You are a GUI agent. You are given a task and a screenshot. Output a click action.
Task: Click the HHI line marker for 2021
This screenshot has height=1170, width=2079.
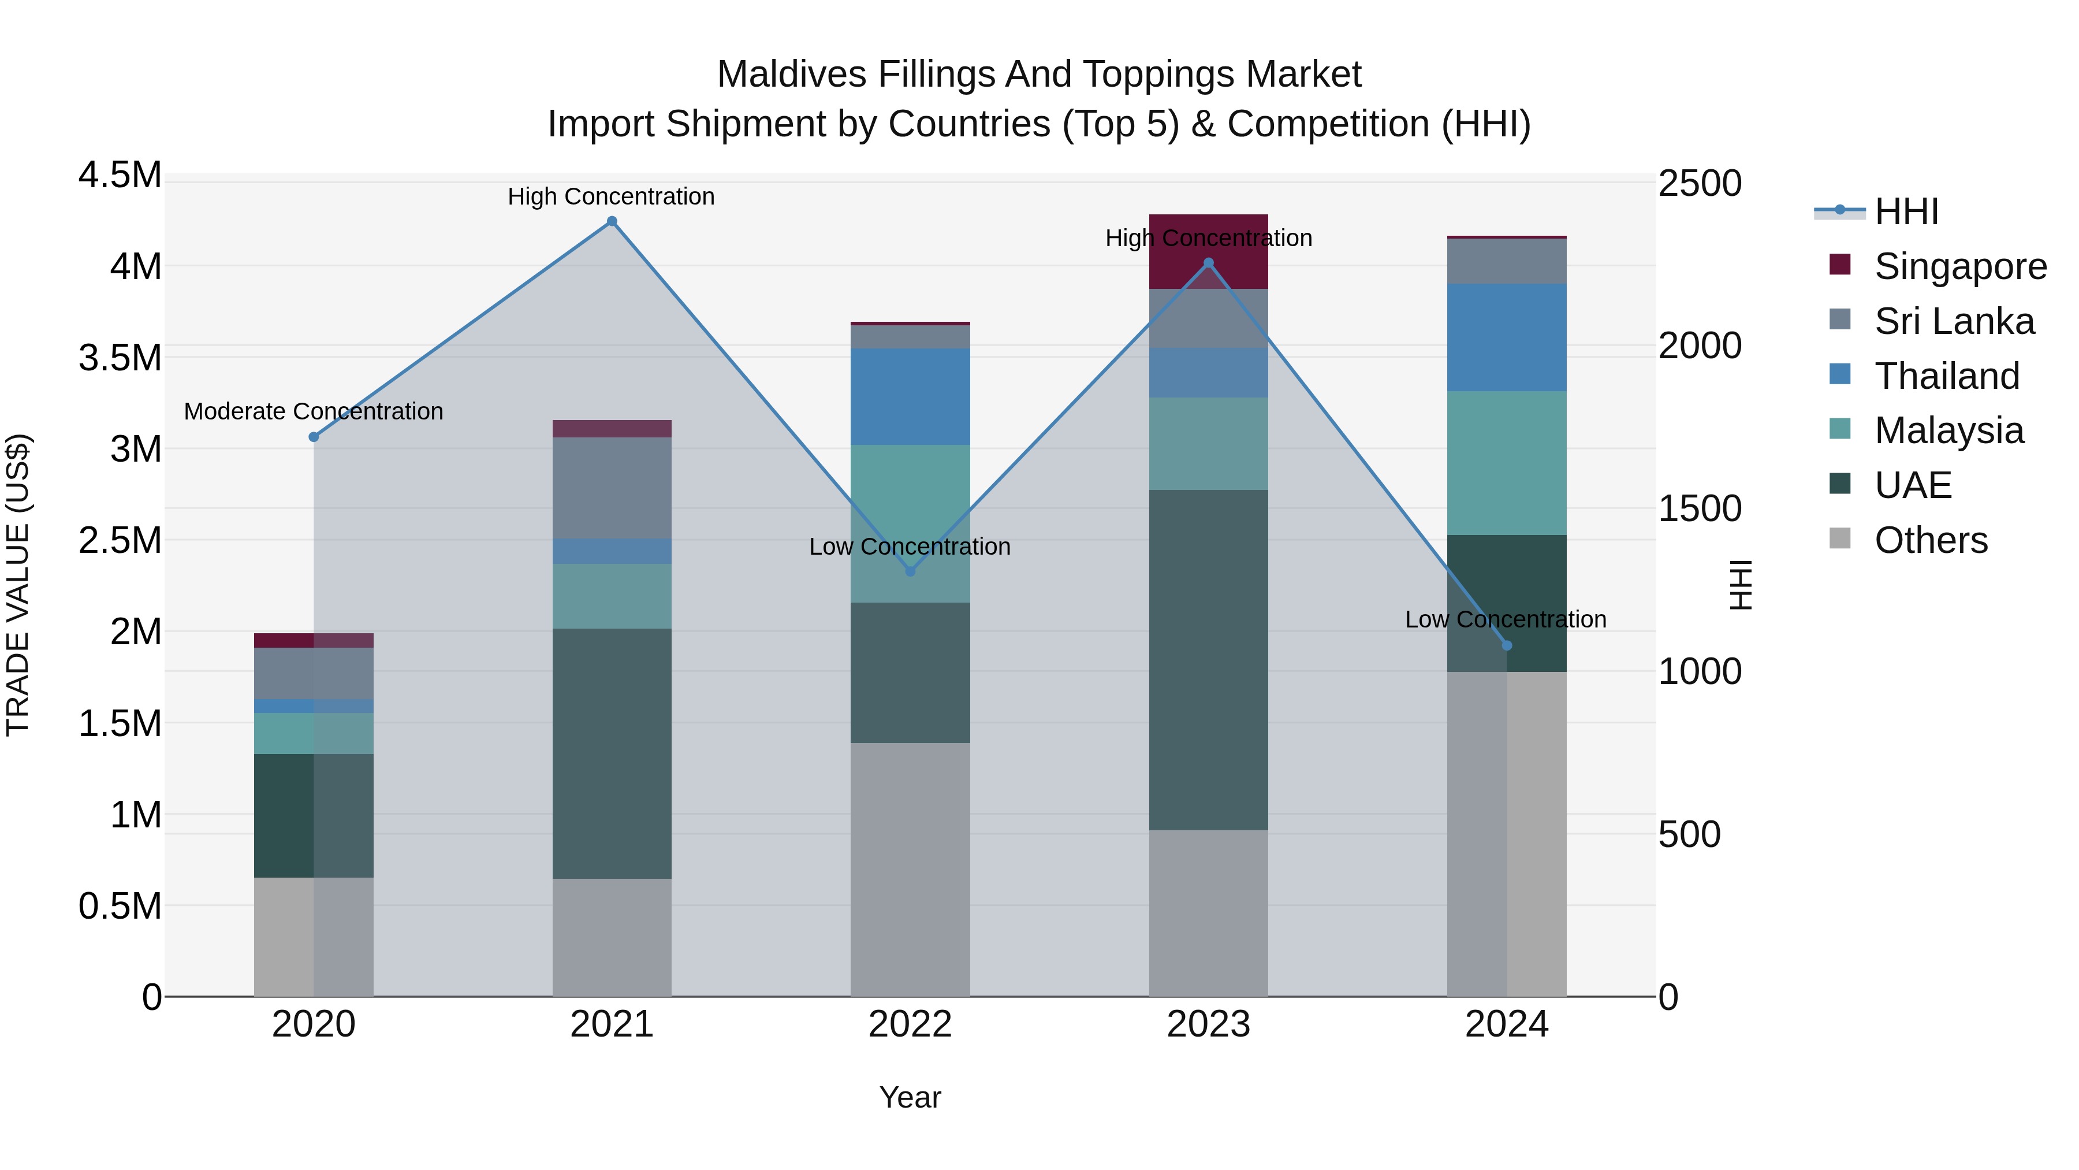click(x=612, y=221)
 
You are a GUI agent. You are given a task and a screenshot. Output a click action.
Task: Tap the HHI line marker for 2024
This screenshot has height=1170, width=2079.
click(x=1506, y=645)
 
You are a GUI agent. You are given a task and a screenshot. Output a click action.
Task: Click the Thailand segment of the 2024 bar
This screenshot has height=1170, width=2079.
click(x=1506, y=337)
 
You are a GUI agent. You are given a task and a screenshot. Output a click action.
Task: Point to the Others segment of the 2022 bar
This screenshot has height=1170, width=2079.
click(x=910, y=869)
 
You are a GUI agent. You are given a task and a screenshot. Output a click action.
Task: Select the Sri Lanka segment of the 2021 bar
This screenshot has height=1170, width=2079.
click(x=612, y=488)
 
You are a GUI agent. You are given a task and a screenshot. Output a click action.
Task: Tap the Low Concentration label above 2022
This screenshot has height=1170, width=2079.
click(x=910, y=547)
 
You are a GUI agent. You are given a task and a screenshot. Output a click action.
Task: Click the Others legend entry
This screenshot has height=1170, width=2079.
click(x=1931, y=540)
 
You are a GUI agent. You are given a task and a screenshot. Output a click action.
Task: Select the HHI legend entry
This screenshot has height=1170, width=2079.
click(x=1906, y=211)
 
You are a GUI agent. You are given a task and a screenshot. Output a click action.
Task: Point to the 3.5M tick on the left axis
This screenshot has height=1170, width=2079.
click(x=120, y=358)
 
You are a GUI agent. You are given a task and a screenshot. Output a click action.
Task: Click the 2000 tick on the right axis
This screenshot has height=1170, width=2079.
click(x=1700, y=346)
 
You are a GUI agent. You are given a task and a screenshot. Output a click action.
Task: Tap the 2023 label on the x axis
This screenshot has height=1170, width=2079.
click(x=1208, y=1024)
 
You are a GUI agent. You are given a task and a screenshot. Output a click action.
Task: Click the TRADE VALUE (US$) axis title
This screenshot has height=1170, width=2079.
click(x=18, y=585)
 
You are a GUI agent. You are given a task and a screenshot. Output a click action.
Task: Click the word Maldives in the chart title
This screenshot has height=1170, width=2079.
click(x=792, y=75)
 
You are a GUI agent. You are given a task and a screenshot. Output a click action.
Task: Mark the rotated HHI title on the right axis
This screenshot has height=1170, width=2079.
click(x=1741, y=585)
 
